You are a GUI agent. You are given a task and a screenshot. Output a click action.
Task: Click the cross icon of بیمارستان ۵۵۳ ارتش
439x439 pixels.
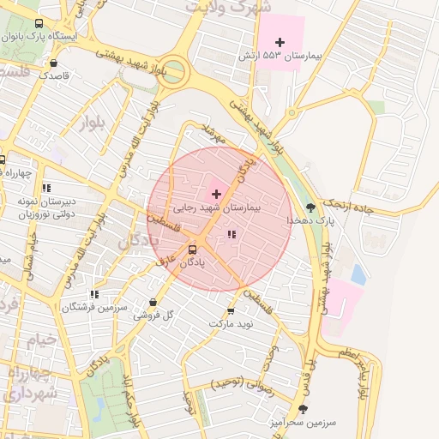(280, 42)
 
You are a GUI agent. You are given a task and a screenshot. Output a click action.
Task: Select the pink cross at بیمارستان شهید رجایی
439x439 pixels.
(215, 194)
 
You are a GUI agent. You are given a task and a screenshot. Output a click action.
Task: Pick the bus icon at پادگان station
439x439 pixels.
(192, 250)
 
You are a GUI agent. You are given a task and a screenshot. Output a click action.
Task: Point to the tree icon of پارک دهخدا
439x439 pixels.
(310, 207)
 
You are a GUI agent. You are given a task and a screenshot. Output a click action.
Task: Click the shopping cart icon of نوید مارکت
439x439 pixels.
(230, 310)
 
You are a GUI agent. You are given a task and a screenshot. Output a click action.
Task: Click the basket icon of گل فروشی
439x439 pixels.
(153, 302)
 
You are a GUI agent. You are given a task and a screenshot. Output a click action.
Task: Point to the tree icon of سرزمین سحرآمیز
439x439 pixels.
(303, 409)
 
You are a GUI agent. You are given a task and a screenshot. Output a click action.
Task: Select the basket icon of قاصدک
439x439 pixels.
(54, 63)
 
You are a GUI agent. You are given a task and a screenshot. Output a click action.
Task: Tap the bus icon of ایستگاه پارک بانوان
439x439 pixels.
(39, 24)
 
